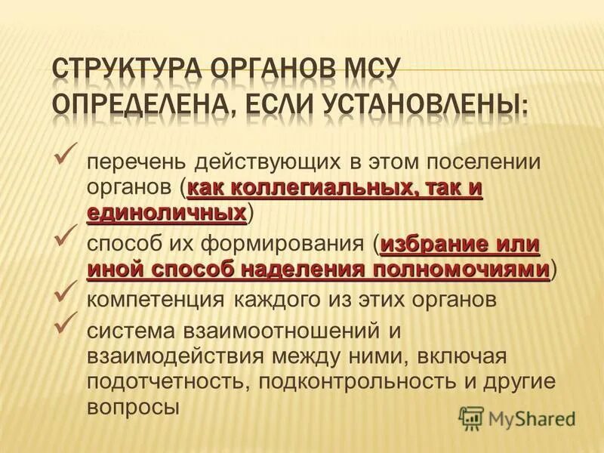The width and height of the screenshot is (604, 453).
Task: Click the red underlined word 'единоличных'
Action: tap(167, 213)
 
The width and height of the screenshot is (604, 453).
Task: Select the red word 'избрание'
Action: tap(431, 245)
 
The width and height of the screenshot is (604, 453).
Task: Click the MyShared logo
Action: tap(518, 418)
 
